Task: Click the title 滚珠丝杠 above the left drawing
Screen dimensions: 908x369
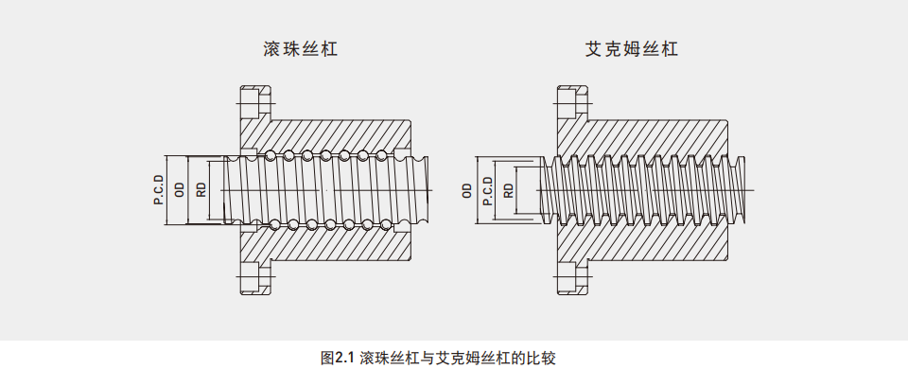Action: click(300, 48)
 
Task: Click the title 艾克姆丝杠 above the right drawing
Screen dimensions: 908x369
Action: click(631, 48)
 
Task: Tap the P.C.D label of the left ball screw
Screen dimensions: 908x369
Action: click(158, 190)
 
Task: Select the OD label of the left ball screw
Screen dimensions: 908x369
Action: click(179, 190)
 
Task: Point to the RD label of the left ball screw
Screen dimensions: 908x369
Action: click(201, 190)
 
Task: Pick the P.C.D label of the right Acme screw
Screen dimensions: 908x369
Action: click(488, 190)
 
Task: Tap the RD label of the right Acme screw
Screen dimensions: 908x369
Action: click(509, 190)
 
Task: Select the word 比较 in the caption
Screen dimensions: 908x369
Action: click(544, 358)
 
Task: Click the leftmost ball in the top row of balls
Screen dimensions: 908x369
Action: click(270, 155)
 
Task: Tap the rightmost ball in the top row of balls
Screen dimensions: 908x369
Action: click(381, 155)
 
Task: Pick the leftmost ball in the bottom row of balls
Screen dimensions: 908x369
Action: click(275, 225)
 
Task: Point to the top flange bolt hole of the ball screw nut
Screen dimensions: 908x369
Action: click(252, 103)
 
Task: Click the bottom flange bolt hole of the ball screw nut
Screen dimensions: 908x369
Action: click(252, 277)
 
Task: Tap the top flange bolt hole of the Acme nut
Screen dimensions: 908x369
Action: click(568, 103)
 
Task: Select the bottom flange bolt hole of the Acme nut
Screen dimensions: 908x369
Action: click(568, 277)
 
